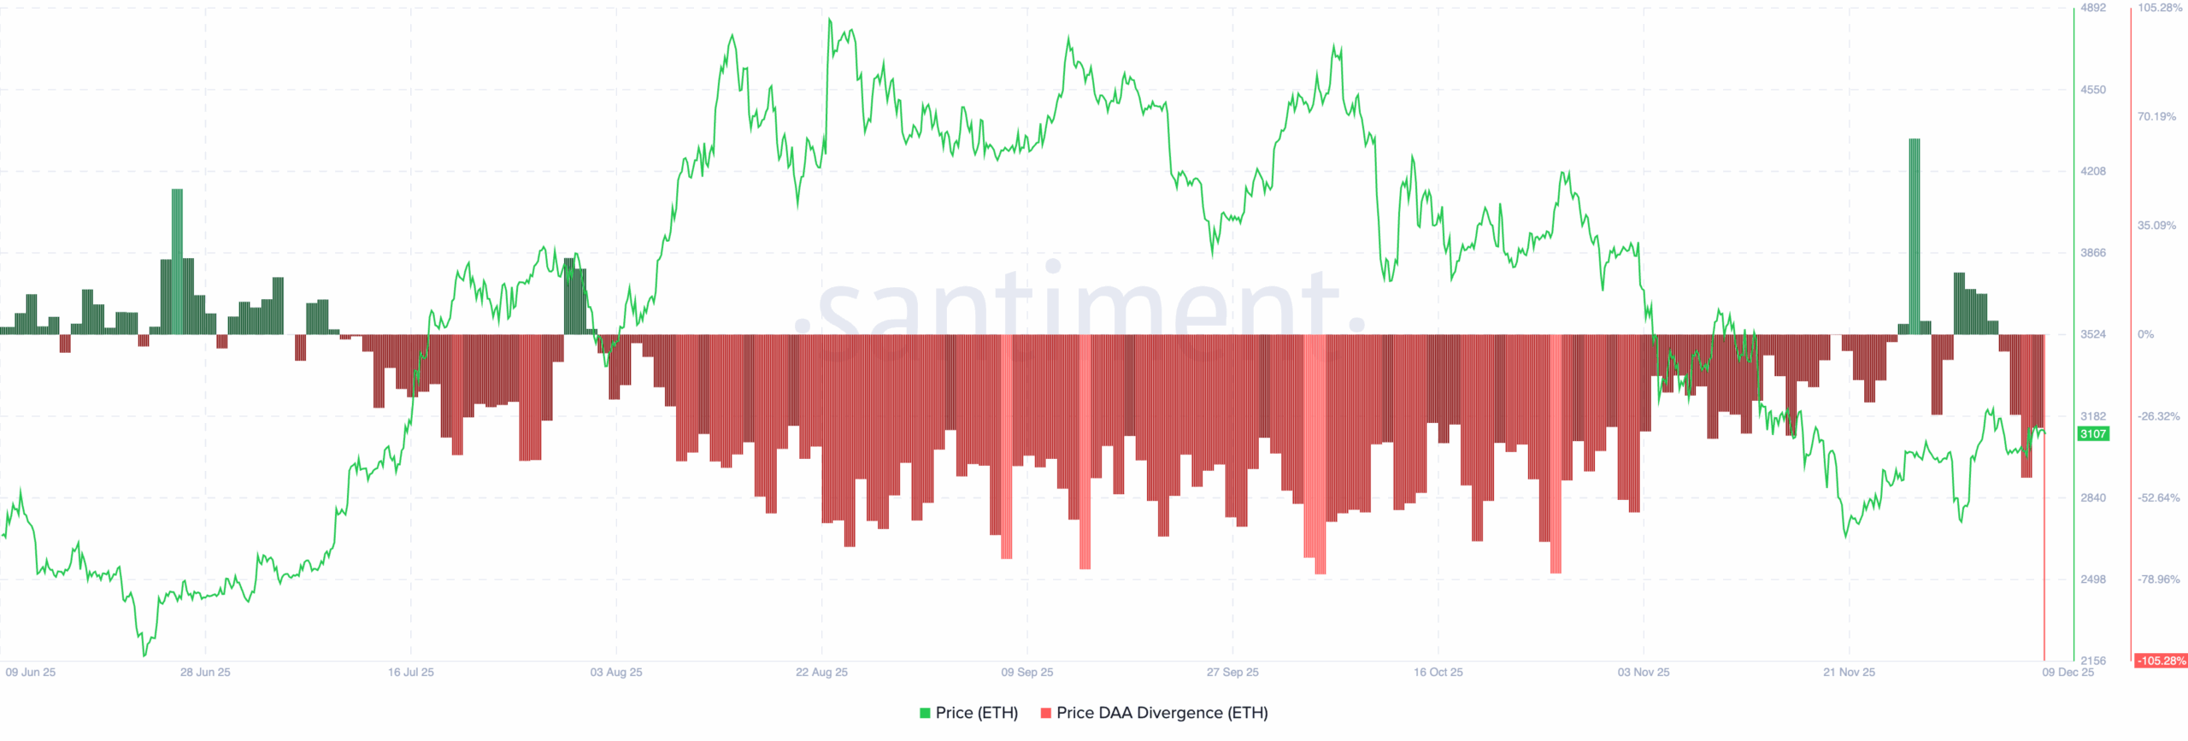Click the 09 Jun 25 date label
31,673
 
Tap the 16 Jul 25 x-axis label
410,673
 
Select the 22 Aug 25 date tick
821,673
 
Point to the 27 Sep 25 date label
1232,673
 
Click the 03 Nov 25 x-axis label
1643,673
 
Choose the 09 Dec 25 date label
2067,673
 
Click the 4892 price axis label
2092,8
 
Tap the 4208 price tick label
2092,171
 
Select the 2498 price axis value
2092,579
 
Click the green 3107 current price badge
2092,434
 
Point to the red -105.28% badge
2161,661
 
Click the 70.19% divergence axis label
2156,116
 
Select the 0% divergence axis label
2145,334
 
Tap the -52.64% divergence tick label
2158,497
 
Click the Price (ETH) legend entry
968,713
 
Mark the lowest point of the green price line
144,656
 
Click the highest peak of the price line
829,20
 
